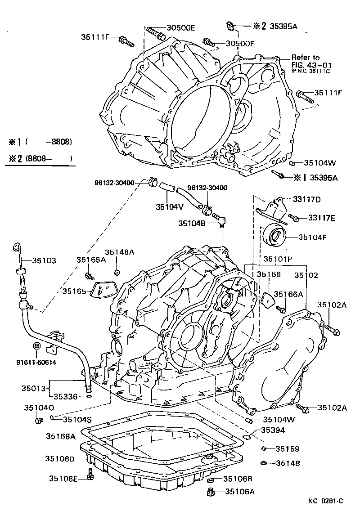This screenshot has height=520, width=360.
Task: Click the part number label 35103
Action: pos(44,260)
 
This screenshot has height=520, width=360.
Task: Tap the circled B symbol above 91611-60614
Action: pos(37,345)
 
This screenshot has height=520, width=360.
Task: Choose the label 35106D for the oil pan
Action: pos(60,458)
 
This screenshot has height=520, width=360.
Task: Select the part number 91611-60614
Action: pos(37,363)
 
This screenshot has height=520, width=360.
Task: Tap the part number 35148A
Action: pos(119,252)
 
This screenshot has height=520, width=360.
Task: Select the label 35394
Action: pos(274,430)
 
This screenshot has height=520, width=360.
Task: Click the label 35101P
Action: pos(278,259)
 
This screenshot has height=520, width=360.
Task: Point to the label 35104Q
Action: pos(39,408)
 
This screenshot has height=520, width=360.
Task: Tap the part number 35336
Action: pos(66,396)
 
